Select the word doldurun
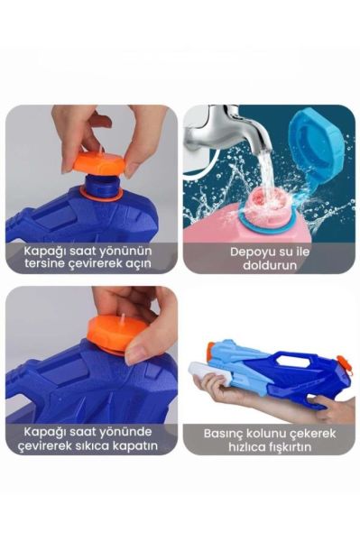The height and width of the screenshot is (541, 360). pyautogui.click(x=268, y=264)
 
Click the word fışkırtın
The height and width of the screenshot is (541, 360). pyautogui.click(x=291, y=445)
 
